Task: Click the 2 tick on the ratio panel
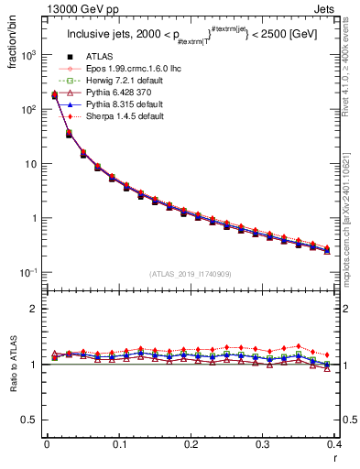click(35, 309)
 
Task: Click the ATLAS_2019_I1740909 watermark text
click(191, 274)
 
